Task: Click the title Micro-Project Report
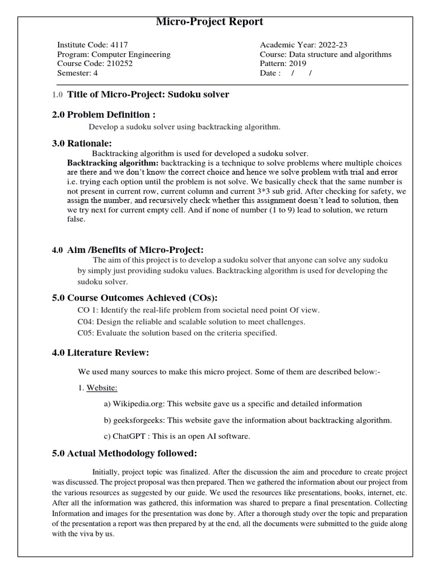click(x=209, y=22)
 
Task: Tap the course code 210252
click(x=119, y=64)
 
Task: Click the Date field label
click(x=270, y=74)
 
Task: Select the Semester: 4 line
click(x=77, y=74)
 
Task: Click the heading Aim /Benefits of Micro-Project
click(x=135, y=250)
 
